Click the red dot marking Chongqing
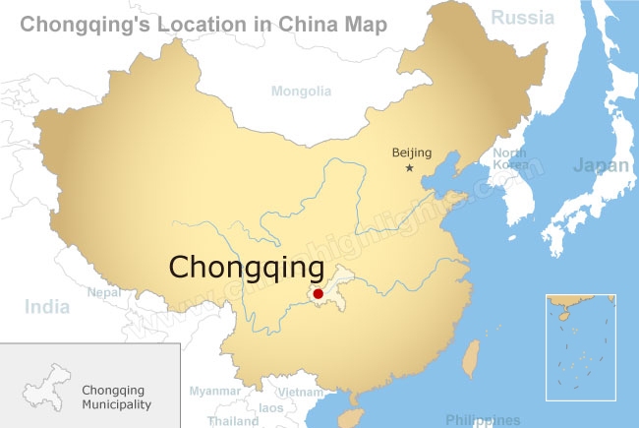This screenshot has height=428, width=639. click(x=318, y=293)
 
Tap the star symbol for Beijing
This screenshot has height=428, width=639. click(x=409, y=168)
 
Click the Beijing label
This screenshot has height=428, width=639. click(x=411, y=152)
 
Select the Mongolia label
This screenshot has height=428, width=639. click(x=301, y=92)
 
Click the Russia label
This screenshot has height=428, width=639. click(x=523, y=17)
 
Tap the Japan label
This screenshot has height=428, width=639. click(x=601, y=165)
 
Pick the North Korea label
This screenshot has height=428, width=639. click(x=509, y=159)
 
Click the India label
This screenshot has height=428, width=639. click(x=47, y=307)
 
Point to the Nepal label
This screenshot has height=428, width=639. click(x=103, y=292)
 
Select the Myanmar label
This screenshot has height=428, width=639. click(x=214, y=391)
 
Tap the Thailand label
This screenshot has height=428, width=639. click(x=233, y=420)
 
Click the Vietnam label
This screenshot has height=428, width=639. click(x=300, y=392)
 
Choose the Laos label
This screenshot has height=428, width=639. click(x=270, y=406)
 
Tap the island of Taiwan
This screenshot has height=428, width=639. click(x=472, y=360)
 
